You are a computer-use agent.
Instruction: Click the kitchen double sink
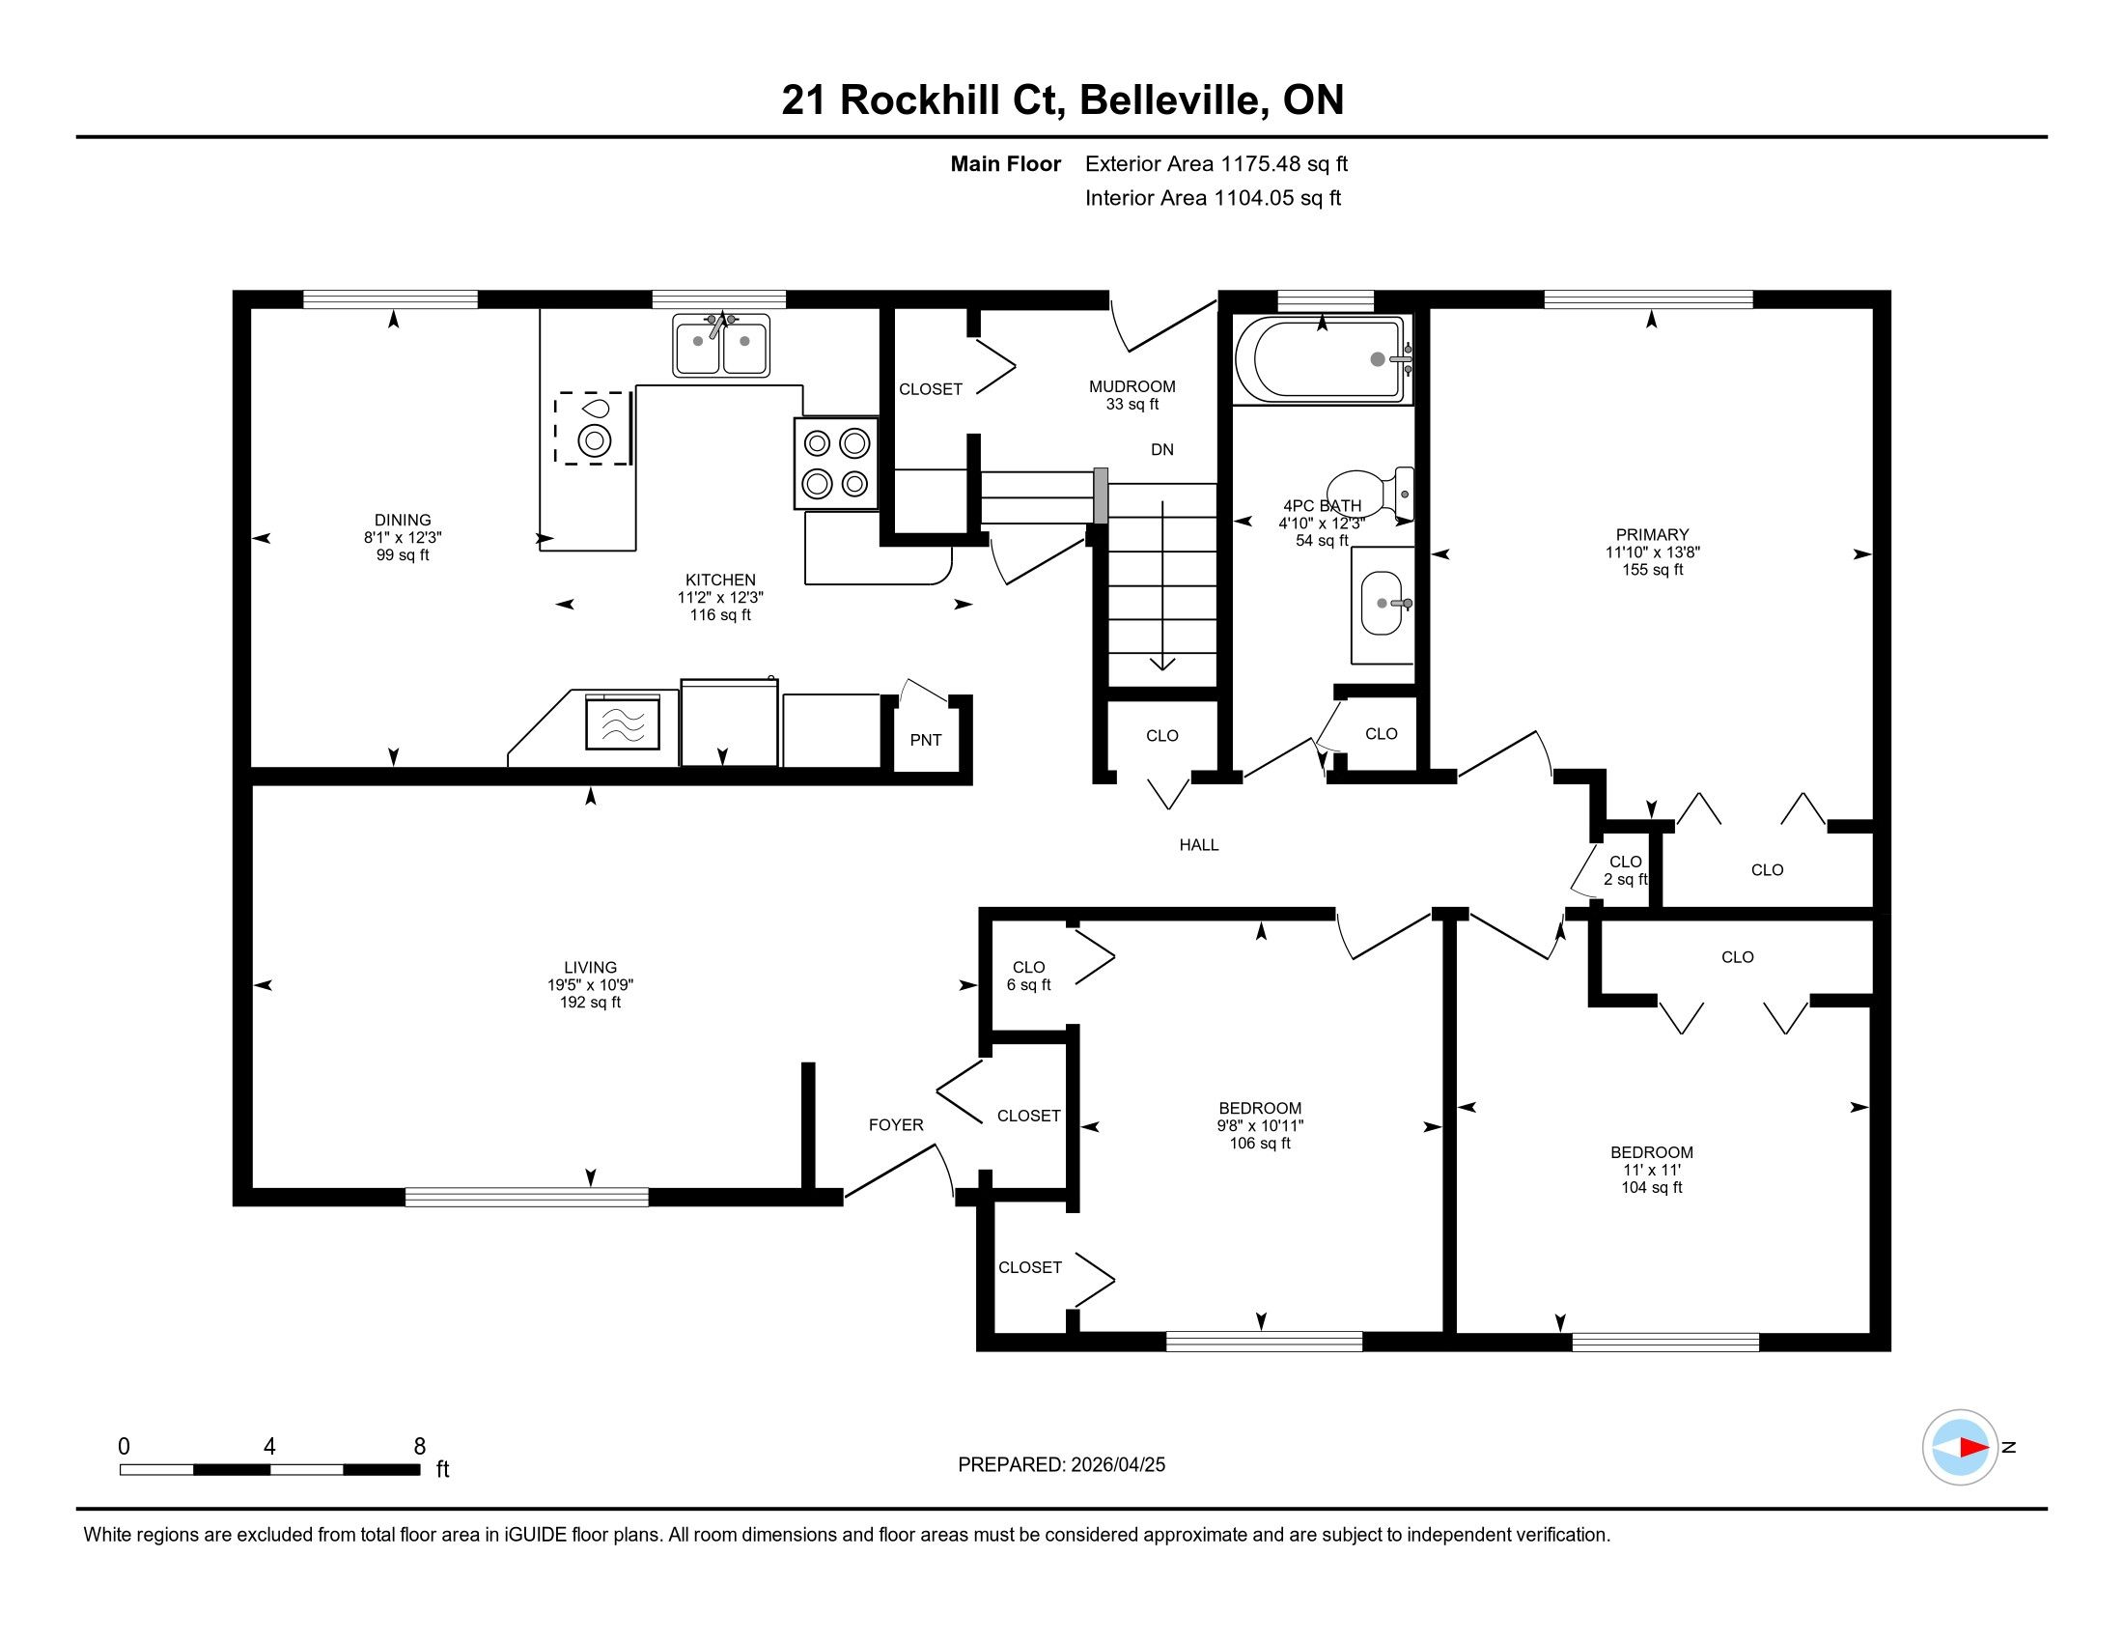click(720, 346)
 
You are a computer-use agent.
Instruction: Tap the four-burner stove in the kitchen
click(836, 463)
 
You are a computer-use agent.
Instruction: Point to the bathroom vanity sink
click(1382, 603)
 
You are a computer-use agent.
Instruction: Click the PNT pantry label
click(926, 740)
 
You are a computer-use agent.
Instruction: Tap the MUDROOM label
click(1132, 386)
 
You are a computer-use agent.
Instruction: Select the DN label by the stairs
click(1162, 449)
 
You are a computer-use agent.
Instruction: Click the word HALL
click(1199, 844)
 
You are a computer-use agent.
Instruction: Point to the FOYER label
click(896, 1124)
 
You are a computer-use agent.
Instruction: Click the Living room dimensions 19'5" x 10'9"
click(590, 984)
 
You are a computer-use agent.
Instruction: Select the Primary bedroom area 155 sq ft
click(1652, 569)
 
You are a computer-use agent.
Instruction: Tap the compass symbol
click(1960, 1447)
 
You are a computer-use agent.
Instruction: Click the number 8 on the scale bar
click(420, 1447)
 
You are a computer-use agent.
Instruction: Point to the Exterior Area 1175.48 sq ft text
click(1216, 163)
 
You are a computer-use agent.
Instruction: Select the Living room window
click(527, 1198)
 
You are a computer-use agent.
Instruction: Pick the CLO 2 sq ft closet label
click(1626, 869)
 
